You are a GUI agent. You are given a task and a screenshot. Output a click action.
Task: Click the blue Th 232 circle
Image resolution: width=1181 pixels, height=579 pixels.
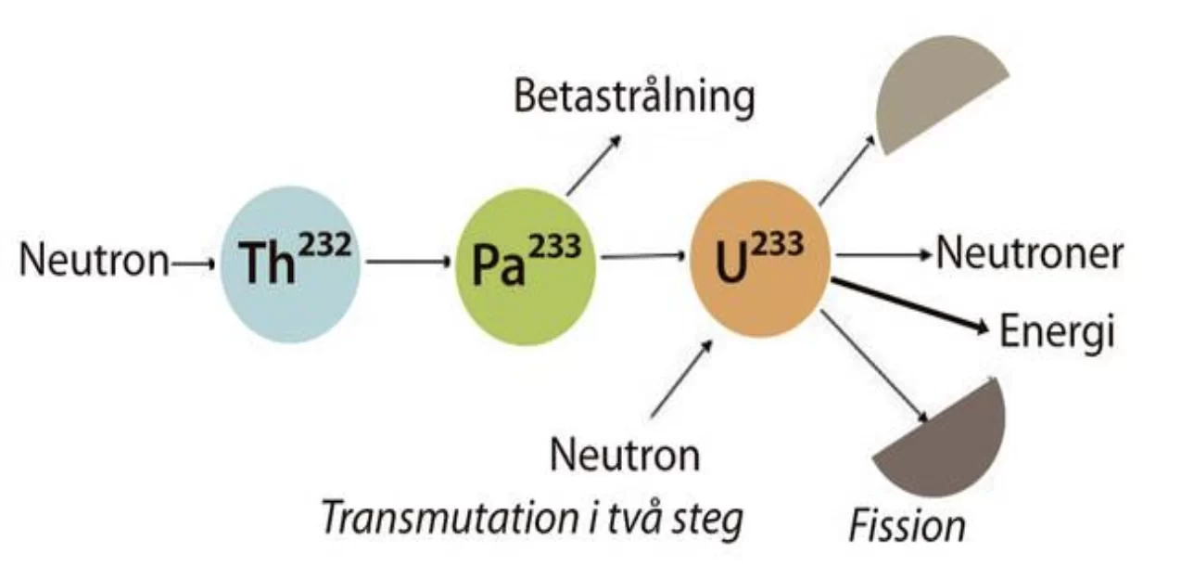(290, 264)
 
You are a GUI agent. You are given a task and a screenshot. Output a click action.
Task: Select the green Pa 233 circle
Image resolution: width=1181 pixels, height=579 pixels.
(526, 266)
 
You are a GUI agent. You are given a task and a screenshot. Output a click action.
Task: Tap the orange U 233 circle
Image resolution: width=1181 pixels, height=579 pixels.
(761, 259)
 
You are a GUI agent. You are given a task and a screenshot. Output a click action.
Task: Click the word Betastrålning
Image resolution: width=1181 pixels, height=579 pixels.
(634, 97)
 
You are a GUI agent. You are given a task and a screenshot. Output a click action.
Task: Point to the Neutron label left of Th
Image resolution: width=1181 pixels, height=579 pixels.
(94, 260)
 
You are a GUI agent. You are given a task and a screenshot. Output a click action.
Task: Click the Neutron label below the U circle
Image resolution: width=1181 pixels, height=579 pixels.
(625, 455)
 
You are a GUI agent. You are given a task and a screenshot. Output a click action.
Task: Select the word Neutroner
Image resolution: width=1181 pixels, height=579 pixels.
(1029, 254)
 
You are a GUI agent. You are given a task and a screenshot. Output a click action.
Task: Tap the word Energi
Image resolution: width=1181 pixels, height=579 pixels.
(1057, 332)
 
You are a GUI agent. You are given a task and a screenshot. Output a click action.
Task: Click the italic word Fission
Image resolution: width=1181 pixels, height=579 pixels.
(908, 526)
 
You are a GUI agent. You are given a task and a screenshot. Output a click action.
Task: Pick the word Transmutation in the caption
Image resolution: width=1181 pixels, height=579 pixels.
(451, 518)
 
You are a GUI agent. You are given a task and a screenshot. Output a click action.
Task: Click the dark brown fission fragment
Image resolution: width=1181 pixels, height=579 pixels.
(944, 443)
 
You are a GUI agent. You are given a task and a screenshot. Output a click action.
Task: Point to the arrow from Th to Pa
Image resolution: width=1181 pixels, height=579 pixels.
(409, 262)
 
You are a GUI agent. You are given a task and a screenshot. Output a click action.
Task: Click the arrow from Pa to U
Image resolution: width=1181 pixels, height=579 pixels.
(643, 256)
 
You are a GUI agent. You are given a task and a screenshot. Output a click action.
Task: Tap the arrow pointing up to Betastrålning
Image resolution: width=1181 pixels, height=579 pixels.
(594, 165)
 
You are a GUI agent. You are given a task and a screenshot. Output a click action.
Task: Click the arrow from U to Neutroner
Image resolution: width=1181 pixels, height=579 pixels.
(884, 255)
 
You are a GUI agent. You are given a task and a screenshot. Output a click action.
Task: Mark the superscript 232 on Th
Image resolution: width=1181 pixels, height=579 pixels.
(324, 246)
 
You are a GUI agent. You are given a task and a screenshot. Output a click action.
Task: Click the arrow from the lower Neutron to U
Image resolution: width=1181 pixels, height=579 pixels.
(681, 379)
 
